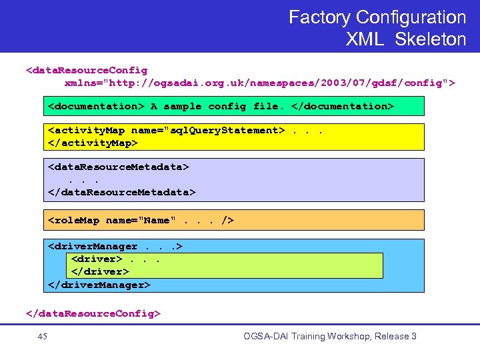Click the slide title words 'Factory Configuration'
pyautogui.click(x=377, y=17)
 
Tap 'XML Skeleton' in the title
pyautogui.click(x=405, y=39)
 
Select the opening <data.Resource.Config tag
pyautogui.click(x=87, y=69)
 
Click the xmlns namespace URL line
pyautogui.click(x=260, y=83)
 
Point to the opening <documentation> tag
pyautogui.click(x=96, y=106)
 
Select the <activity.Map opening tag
pyautogui.click(x=87, y=130)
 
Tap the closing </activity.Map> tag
pyautogui.click(x=93, y=143)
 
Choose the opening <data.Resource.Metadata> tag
pyautogui.click(x=119, y=167)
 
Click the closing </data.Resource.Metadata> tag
pyautogui.click(x=122, y=192)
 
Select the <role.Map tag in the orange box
pyautogui.click(x=74, y=220)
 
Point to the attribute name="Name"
pyautogui.click(x=141, y=220)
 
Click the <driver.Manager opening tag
pyautogui.click(x=93, y=246)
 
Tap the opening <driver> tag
pyautogui.click(x=96, y=259)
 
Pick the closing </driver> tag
pyautogui.click(x=99, y=271)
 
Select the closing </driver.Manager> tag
pyautogui.click(x=99, y=284)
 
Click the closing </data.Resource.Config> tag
pyautogui.click(x=93, y=312)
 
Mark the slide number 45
pyautogui.click(x=43, y=337)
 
